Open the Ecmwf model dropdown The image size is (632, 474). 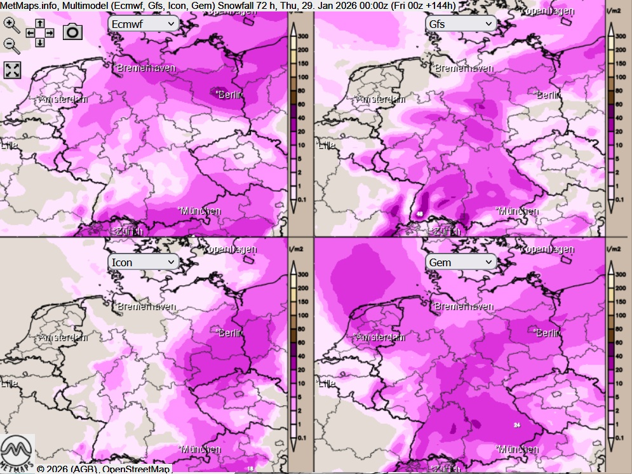point(144,24)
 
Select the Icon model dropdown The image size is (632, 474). point(144,262)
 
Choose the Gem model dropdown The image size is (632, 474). point(461,262)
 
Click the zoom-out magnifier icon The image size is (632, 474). point(11,44)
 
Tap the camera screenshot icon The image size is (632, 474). point(73,31)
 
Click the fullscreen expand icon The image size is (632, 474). point(12,70)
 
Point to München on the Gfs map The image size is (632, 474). point(518,211)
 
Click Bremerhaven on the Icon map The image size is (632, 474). point(146,306)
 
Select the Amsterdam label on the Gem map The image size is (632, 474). point(381,337)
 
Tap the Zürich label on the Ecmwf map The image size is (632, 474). point(129,231)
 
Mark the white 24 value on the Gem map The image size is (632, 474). point(517,425)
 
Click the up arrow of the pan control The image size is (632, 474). point(39,23)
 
